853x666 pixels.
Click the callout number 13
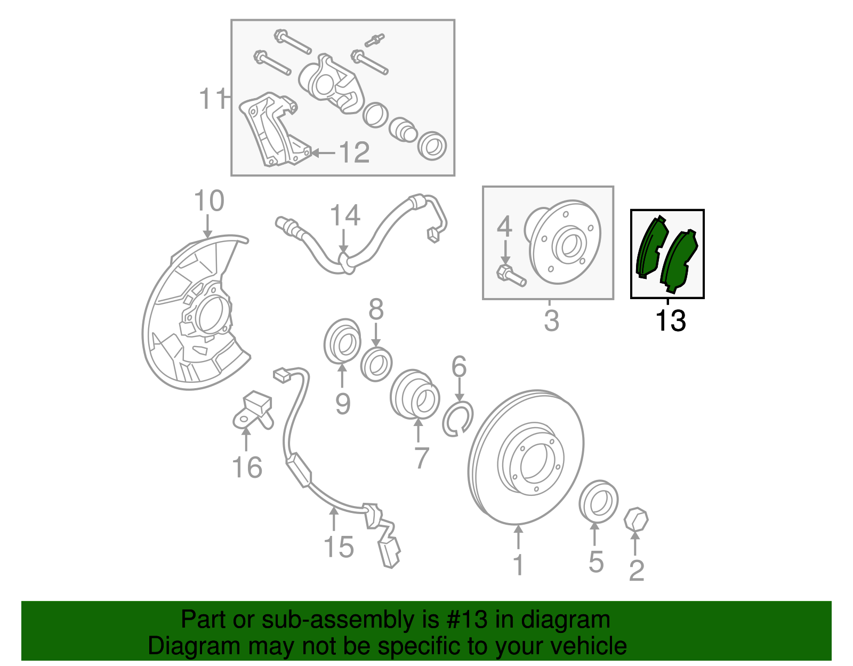[671, 320]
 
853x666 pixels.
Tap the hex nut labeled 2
[636, 519]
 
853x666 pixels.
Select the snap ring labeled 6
[458, 419]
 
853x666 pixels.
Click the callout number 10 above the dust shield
[209, 201]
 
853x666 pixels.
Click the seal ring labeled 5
[598, 501]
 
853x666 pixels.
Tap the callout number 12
[353, 153]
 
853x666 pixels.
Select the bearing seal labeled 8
[376, 364]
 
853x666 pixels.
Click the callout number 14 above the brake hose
[345, 215]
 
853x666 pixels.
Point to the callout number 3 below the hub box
[552, 320]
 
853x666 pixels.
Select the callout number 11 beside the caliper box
[212, 98]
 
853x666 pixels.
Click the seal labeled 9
[342, 341]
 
